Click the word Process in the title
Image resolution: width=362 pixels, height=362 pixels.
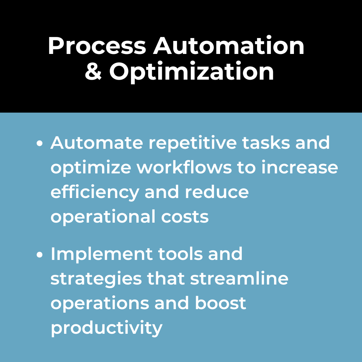[97, 46]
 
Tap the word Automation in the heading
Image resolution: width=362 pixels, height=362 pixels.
[228, 46]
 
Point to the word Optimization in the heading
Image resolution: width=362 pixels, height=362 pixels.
[191, 72]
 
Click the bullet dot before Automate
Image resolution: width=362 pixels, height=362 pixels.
[40, 143]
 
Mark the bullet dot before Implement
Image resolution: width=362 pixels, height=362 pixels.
[40, 254]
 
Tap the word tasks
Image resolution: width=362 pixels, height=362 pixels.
[266, 143]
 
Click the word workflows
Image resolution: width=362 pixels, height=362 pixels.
[184, 167]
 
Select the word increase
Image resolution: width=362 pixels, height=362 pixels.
[299, 167]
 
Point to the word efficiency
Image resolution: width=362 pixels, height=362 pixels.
[95, 193]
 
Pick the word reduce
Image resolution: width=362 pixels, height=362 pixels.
[216, 192]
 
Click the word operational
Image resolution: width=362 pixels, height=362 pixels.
[103, 217]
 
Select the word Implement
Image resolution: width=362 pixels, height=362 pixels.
[102, 254]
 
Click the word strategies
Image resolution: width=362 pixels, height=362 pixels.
[96, 279]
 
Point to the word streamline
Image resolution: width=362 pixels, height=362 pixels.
[239, 278]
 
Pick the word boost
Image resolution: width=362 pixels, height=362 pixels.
[220, 303]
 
